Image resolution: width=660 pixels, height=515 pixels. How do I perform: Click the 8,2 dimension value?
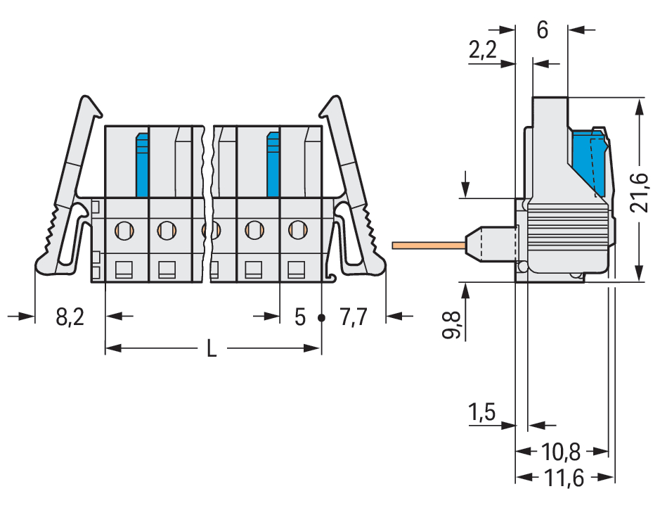pos(70,318)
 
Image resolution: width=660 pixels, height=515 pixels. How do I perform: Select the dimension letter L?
pos(212,348)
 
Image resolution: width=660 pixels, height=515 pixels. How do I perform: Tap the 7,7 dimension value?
pos(354,318)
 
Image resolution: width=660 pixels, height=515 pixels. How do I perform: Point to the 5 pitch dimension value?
pos(300,318)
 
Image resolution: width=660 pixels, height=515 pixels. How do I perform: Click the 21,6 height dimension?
pos(638,191)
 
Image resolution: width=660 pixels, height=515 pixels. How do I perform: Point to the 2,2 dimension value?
pos(482,50)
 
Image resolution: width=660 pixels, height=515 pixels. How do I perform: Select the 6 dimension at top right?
pos(542,31)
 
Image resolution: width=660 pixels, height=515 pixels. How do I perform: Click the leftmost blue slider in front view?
pos(142,165)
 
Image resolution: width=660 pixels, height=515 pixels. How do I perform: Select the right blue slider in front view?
pos(273,165)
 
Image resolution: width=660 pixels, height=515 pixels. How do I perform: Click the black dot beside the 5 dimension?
pos(321,317)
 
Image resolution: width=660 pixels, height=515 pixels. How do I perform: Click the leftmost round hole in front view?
pos(124,229)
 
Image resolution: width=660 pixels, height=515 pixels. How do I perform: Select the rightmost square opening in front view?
pos(297,269)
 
